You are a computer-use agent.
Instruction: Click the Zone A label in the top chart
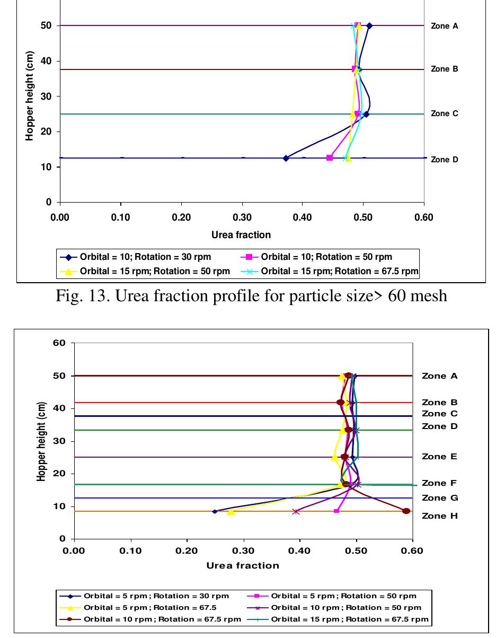[x=444, y=25]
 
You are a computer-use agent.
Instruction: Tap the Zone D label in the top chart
[x=444, y=160]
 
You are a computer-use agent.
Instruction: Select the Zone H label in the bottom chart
[x=439, y=516]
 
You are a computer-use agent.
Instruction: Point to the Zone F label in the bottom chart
[x=439, y=483]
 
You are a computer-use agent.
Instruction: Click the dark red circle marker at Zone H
[x=406, y=511]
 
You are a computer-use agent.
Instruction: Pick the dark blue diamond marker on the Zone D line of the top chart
[x=286, y=158]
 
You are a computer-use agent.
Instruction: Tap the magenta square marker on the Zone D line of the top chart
[x=330, y=158]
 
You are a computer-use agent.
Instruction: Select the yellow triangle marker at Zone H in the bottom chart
[x=231, y=511]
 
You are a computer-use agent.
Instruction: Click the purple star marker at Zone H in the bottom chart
[x=296, y=511]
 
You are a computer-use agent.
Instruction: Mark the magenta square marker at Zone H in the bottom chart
[x=336, y=511]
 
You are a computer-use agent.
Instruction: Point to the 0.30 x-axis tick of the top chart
[x=242, y=217]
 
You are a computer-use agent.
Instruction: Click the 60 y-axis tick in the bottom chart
[x=60, y=343]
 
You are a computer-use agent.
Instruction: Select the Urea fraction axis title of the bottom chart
[x=243, y=565]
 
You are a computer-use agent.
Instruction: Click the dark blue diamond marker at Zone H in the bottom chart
[x=215, y=511]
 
